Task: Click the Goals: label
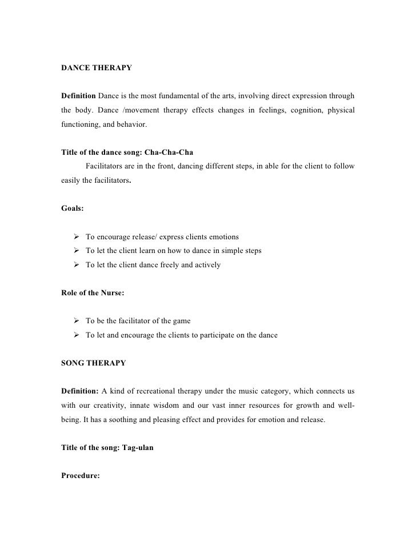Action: (73, 209)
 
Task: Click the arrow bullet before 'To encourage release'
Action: (77, 236)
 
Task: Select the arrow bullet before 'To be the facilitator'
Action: (77, 321)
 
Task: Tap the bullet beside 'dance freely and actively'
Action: (77, 265)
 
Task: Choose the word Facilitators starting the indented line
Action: (106, 167)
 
